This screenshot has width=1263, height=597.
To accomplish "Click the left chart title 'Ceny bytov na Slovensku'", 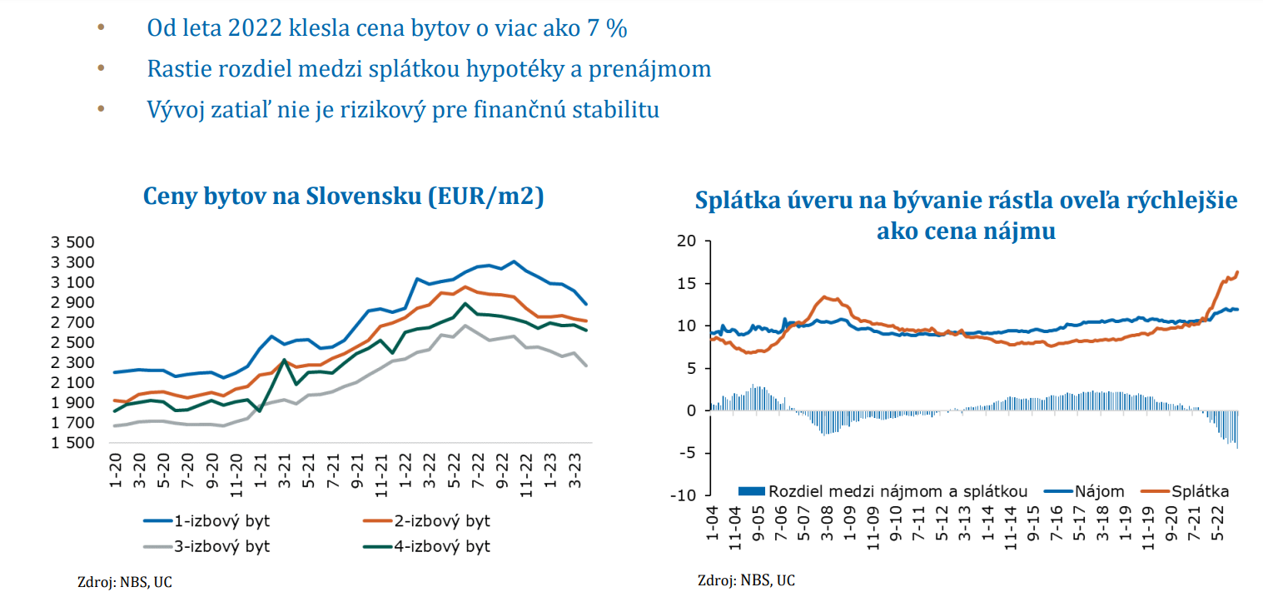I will pos(343,197).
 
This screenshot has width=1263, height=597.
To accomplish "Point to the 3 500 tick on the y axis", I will pos(73,243).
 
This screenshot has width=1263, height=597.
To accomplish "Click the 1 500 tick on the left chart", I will pos(73,443).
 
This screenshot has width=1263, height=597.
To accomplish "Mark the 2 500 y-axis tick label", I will pos(73,343).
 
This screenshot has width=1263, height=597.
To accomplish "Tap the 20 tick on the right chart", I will pos(686,241).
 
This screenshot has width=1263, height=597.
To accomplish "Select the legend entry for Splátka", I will pos(1200,491).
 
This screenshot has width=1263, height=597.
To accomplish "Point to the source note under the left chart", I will pos(125,581).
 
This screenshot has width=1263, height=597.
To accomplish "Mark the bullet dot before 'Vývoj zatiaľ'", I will pos(102,108).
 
